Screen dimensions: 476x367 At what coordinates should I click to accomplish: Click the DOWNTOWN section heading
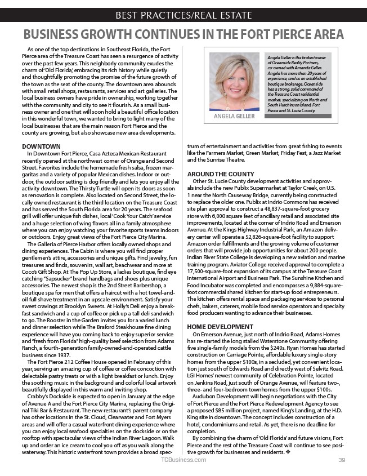41,146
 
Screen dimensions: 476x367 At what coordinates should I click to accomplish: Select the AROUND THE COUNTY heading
220,174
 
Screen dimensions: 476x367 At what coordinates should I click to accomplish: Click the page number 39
341,460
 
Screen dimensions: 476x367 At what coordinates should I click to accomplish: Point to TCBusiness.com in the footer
183,460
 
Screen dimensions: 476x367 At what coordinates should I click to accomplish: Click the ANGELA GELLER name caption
235,116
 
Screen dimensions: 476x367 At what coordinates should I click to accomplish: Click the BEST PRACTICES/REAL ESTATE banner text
183,15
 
